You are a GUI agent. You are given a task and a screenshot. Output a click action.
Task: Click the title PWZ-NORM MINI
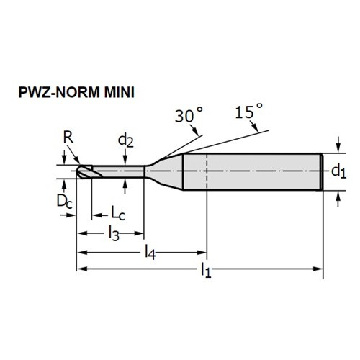(x=76, y=92)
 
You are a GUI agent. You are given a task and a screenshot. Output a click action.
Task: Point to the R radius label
(x=68, y=138)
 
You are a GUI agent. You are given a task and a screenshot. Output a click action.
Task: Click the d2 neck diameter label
(x=125, y=141)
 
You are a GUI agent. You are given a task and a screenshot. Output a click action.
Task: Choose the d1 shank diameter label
(x=338, y=171)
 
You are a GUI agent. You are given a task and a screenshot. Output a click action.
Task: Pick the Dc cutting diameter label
(x=64, y=201)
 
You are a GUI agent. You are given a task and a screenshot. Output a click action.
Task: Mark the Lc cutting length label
(x=118, y=213)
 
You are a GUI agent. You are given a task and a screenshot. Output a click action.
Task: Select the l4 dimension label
(x=150, y=253)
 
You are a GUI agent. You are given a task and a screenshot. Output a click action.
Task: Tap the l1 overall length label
(x=206, y=270)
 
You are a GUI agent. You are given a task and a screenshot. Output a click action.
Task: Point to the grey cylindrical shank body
(x=253, y=171)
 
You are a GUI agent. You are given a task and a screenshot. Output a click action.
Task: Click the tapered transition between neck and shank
(x=163, y=171)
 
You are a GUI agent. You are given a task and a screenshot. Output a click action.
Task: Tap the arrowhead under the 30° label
(x=195, y=131)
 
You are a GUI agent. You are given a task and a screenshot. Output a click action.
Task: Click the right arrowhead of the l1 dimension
(x=318, y=269)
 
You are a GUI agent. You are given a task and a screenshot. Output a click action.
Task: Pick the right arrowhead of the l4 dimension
(x=202, y=252)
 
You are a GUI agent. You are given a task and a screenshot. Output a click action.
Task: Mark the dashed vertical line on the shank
(x=207, y=171)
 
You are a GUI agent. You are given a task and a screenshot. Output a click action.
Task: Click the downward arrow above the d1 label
(x=338, y=145)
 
